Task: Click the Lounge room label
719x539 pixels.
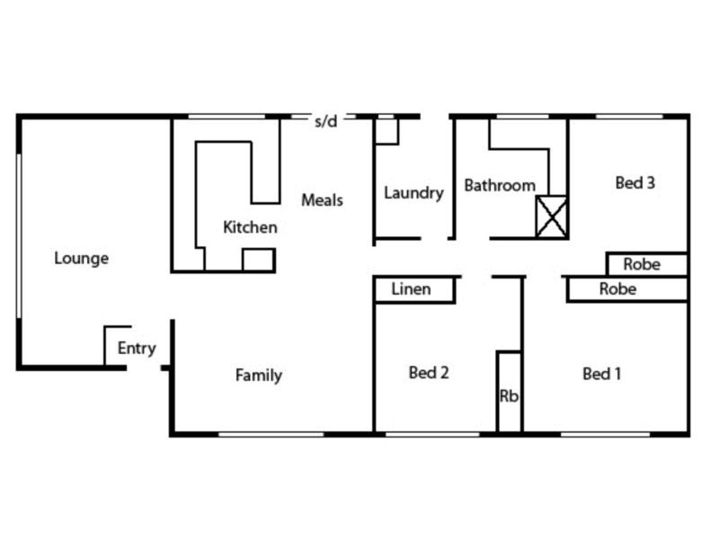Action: (81, 259)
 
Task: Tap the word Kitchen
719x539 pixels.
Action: (250, 227)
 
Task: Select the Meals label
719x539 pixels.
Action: (322, 199)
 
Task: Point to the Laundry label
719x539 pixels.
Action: (413, 193)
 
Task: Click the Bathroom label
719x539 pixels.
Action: (500, 186)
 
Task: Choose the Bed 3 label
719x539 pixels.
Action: (635, 183)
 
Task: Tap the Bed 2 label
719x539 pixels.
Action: (428, 373)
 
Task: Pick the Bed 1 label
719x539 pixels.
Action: (602, 374)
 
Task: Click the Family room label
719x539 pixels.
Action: (258, 376)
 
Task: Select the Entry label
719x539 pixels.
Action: (137, 349)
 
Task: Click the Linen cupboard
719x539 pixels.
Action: (412, 289)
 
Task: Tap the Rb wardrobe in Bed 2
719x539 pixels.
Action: (509, 395)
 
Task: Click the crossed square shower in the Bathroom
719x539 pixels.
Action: (551, 216)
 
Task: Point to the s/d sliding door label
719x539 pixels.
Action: (325, 121)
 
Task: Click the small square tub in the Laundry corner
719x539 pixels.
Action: (386, 130)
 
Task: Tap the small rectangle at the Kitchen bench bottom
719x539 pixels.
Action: (258, 261)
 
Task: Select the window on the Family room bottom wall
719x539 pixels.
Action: (270, 435)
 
